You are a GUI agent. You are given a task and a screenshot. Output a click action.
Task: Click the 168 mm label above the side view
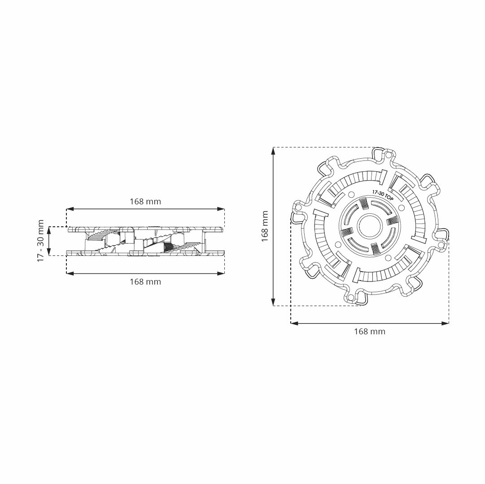145,201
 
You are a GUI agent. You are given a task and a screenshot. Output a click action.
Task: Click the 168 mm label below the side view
145,282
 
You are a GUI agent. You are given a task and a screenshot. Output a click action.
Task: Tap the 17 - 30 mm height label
41,241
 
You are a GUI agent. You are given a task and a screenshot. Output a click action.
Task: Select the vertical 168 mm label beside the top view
265,226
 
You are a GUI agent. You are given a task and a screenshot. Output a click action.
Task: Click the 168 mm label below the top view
370,332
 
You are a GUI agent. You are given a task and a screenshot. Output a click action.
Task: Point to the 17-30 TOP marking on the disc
383,195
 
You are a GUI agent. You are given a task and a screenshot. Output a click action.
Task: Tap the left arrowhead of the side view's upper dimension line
70,209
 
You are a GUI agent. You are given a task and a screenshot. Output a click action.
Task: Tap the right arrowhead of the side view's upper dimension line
221,209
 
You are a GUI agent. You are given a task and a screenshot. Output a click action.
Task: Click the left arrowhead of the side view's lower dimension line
70,273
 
